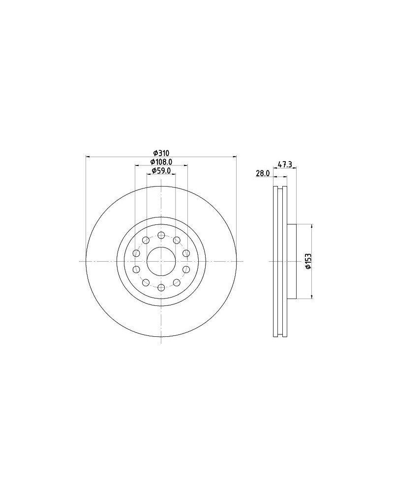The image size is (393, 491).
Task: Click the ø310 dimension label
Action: tap(161, 153)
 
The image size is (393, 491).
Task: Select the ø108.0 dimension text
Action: tap(161, 162)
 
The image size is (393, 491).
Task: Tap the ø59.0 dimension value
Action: tap(161, 170)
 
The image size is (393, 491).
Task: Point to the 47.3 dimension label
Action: tap(285, 164)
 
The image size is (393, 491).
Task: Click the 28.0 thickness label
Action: tap(263, 173)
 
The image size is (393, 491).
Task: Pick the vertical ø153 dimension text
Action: tap(308, 261)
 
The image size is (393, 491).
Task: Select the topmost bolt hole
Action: tap(161, 235)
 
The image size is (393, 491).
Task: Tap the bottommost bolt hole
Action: tap(161, 287)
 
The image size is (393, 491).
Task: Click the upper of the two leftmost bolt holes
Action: tap(136, 253)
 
